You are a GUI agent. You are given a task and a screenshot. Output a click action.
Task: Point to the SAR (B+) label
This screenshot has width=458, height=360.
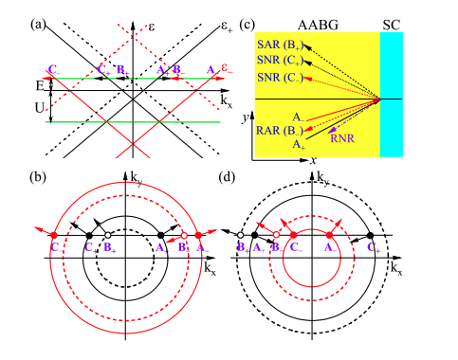point(282,44)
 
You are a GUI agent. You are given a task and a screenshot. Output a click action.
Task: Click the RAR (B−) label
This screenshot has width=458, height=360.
point(282,130)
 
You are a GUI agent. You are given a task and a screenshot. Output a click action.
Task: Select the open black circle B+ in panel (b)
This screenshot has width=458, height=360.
point(109,234)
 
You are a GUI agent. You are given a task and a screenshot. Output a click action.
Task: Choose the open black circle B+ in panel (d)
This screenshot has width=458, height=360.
point(242,234)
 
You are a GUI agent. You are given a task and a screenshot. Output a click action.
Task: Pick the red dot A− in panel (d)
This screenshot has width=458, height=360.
point(330,234)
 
